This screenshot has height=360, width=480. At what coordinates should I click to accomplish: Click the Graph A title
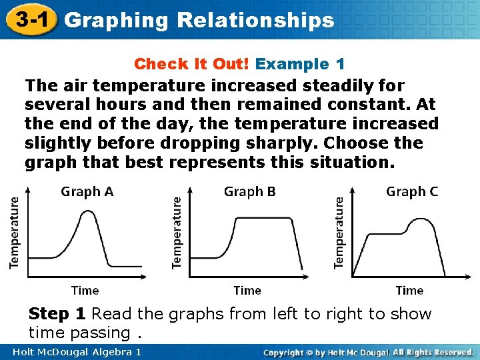pyautogui.click(x=87, y=192)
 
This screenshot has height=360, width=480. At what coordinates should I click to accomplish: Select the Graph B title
pyautogui.click(x=249, y=192)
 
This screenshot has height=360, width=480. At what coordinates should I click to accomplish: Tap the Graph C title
pyautogui.click(x=412, y=192)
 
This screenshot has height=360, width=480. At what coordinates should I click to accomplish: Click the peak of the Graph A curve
pyautogui.click(x=85, y=212)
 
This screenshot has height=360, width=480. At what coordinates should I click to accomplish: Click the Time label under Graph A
pyautogui.click(x=85, y=290)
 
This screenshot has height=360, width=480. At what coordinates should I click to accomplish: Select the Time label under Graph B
pyautogui.click(x=247, y=290)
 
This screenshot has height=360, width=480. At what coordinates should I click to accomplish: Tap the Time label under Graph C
pyautogui.click(x=409, y=290)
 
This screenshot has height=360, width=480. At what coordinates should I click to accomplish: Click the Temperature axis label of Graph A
pyautogui.click(x=14, y=231)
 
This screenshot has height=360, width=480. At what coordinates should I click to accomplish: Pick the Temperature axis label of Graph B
pyautogui.click(x=177, y=231)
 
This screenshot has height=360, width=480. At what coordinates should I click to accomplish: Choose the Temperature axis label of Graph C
pyautogui.click(x=339, y=231)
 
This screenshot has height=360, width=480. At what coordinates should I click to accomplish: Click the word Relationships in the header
pyautogui.click(x=255, y=20)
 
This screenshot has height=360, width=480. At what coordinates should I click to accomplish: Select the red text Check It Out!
pyautogui.click(x=192, y=64)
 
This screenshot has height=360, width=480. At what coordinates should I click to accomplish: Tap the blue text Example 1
pyautogui.click(x=300, y=64)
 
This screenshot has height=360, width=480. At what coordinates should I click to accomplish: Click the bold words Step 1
pyautogui.click(x=57, y=314)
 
